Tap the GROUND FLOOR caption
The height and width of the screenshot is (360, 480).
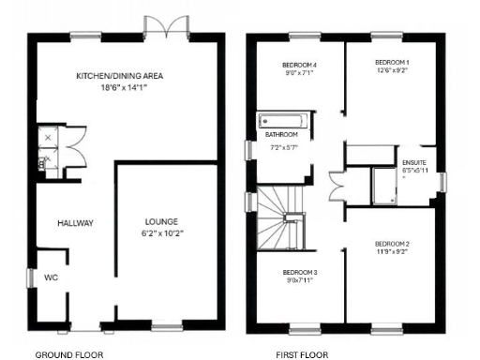tap(69, 355)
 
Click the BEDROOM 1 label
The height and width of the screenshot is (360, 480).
tap(388, 61)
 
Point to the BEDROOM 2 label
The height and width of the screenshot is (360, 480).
tap(389, 242)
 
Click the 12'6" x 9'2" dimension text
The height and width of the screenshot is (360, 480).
tap(388, 70)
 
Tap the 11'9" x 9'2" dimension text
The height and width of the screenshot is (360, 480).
tap(389, 251)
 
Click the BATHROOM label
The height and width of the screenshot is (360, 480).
tap(282, 135)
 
